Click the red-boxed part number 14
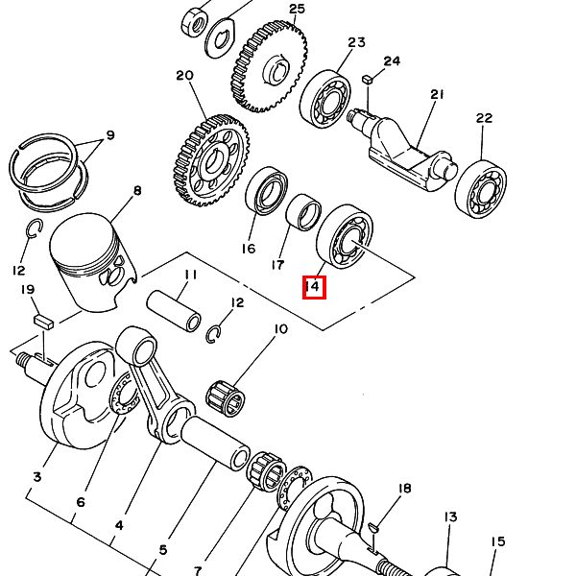pos(314,287)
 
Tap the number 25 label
pos(297,9)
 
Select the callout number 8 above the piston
pos(137,191)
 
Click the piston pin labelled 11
pos(174,310)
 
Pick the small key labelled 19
pos(44,322)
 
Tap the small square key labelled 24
pos(368,80)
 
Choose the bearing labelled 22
pos(481,189)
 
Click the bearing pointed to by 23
pos(325,99)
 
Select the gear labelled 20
pos(211,160)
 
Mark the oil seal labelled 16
pos(266,191)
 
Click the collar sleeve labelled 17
pos(303,212)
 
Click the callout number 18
pos(404,489)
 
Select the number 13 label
pos(450,516)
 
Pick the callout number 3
pos(37,477)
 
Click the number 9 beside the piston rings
pos(110,135)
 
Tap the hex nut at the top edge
pos(195,23)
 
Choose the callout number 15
pos(497,541)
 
